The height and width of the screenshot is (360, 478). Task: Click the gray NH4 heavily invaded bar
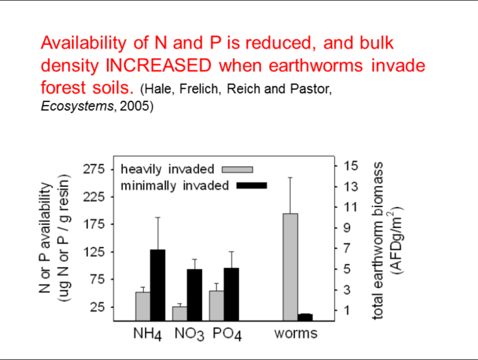pos(143,306)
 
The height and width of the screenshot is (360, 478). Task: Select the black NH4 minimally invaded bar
pos(157,285)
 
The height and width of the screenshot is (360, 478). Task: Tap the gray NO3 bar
pos(179,313)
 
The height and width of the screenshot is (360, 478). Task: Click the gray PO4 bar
pos(217,305)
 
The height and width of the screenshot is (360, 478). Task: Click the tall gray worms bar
pos(290,267)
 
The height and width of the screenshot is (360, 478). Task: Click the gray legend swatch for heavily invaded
pos(238,169)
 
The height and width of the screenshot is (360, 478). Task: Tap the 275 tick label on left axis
pos(94,169)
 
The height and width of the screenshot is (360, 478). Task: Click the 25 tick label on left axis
pos(97,307)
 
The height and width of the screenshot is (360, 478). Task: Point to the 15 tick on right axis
pos(351,165)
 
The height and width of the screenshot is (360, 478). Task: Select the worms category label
pos(296,332)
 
